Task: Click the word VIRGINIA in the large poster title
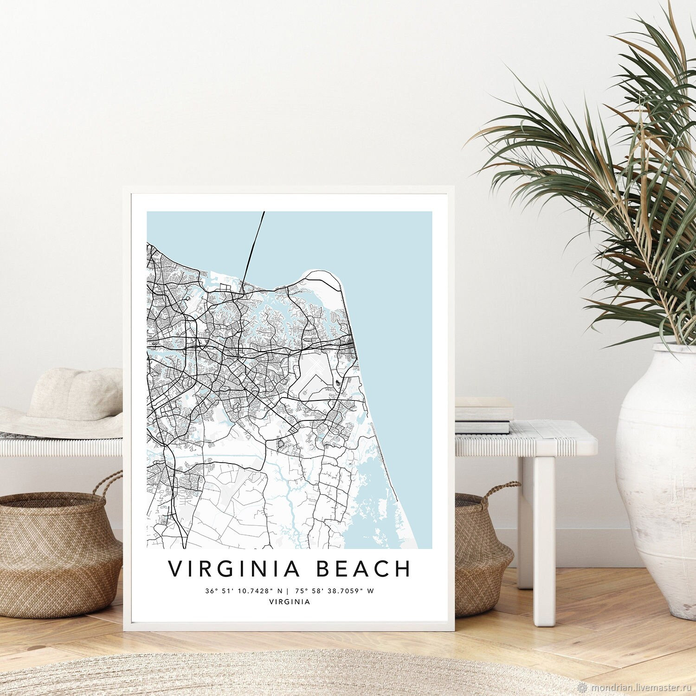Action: (231, 569)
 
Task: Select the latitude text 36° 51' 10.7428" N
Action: (244, 591)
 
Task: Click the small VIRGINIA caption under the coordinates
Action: (290, 602)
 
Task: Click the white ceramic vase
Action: (659, 464)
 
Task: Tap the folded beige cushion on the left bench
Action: (74, 394)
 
